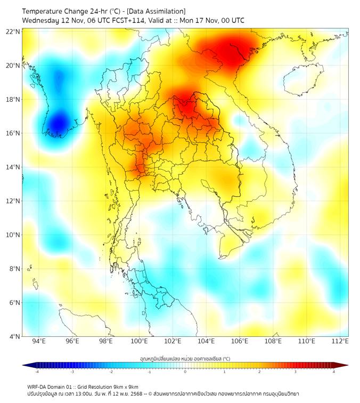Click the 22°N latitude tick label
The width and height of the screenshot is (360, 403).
[13, 31]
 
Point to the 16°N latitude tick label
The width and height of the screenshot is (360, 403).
[13, 133]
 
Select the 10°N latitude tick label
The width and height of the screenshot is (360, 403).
[13, 235]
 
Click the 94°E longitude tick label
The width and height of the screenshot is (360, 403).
[39, 341]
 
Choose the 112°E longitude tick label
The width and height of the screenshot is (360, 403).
[340, 341]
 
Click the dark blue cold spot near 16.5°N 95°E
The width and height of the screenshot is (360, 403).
[58, 124]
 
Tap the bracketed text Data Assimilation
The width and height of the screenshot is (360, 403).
[159, 11]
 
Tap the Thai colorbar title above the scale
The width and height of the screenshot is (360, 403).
[185, 359]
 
